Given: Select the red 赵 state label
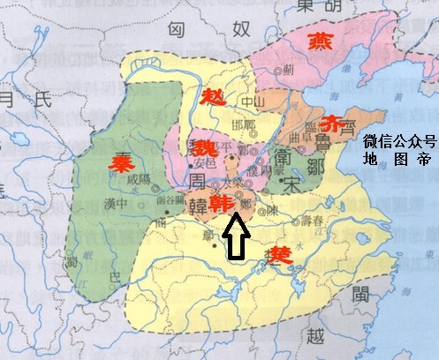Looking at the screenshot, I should click(x=211, y=96).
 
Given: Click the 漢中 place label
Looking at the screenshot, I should click(x=114, y=203).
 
